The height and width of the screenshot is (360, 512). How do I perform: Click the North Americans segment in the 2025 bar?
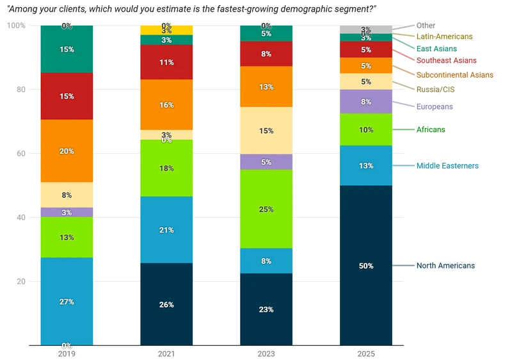click(365, 265)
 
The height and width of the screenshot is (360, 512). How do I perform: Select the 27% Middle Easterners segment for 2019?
click(67, 301)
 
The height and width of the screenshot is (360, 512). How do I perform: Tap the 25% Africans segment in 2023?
click(266, 209)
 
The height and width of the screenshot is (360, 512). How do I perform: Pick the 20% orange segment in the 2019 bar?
click(67, 151)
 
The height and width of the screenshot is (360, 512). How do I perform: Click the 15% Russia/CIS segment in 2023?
click(266, 131)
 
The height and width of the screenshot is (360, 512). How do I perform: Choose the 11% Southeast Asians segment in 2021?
click(166, 62)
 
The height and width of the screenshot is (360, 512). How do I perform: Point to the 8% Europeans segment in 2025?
click(365, 101)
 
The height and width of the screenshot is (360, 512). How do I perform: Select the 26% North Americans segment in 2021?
click(166, 304)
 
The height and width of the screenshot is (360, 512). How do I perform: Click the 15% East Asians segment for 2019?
click(67, 49)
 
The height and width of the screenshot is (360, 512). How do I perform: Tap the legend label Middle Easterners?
click(447, 166)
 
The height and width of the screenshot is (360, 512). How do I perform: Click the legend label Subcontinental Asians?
click(454, 75)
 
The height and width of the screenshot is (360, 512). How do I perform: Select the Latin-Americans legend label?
click(444, 37)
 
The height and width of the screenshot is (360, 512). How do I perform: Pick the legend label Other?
click(426, 26)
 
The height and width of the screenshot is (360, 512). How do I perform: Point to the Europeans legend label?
click(435, 106)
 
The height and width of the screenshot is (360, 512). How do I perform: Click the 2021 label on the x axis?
click(166, 354)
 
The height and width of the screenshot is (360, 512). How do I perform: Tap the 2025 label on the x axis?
click(365, 354)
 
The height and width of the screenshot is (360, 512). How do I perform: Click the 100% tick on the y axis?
click(16, 26)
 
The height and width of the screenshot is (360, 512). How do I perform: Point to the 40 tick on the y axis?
click(20, 218)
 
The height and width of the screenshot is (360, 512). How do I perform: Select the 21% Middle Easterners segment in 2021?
click(166, 230)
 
